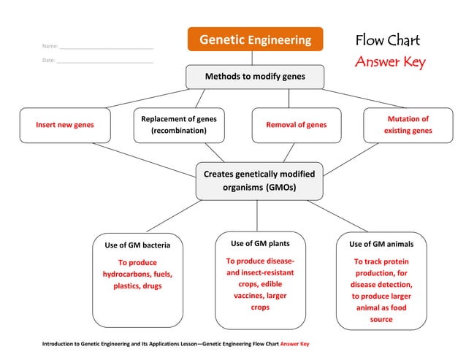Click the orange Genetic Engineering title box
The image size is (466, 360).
[255, 39]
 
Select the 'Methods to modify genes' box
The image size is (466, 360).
[254, 76]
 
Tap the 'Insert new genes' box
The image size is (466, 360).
[65, 125]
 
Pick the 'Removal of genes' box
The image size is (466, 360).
[297, 125]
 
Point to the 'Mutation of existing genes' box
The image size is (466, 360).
[408, 125]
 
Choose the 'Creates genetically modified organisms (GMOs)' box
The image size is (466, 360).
[259, 181]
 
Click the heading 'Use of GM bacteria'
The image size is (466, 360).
[137, 245]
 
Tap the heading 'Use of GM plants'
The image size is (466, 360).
[260, 243]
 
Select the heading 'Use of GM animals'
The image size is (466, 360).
[381, 244]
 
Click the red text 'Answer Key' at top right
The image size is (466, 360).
[389, 63]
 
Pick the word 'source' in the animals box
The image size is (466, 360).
[381, 320]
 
